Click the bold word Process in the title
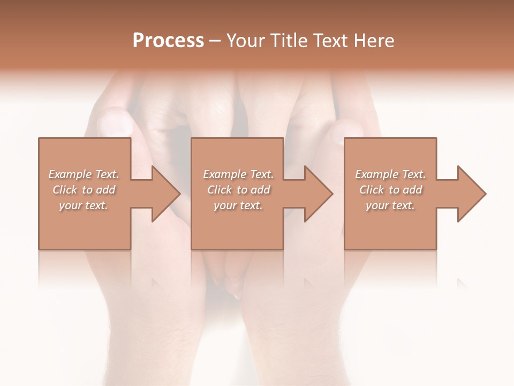coord(168,41)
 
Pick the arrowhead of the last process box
coord(471,194)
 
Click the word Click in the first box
coord(65,190)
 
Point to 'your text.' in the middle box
coord(238,205)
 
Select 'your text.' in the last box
coord(390,205)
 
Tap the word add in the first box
coord(106,190)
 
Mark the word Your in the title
coord(246,41)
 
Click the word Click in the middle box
coord(220,190)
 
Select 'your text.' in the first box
coord(84,205)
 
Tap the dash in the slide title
coord(215,41)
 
